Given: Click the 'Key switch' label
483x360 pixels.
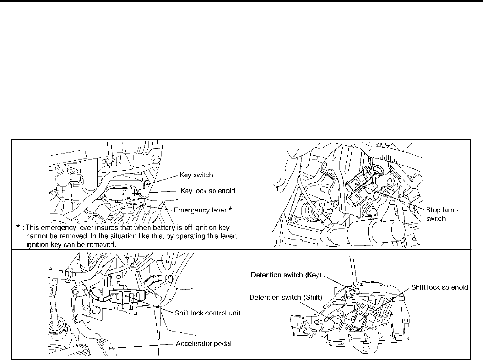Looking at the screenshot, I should click(x=196, y=175).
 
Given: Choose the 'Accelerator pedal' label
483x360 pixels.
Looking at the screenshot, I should click(x=203, y=343).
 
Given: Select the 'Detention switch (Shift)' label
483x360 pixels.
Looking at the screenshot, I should click(x=286, y=297).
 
